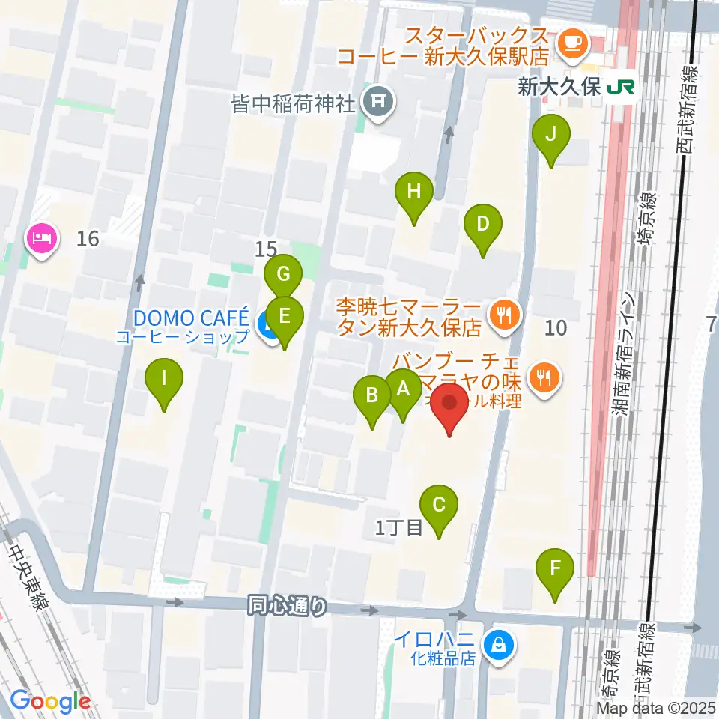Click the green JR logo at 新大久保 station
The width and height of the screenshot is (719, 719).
(x=621, y=88)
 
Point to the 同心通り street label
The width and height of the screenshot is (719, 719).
(x=288, y=605)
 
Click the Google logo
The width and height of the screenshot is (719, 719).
(x=50, y=700)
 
